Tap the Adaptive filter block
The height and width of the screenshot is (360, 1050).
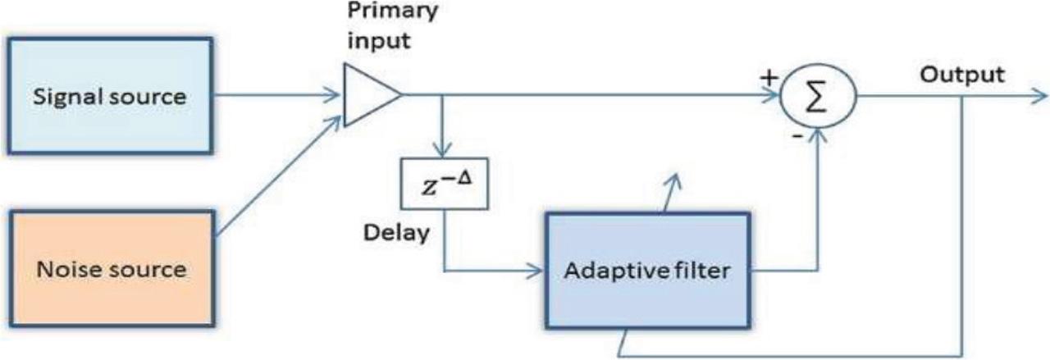pos(648,271)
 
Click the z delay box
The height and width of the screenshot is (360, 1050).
pos(442,183)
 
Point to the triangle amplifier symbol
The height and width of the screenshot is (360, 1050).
pos(368,96)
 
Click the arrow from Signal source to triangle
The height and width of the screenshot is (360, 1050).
pos(279,96)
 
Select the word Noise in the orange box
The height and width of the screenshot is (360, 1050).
pos(70,268)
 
